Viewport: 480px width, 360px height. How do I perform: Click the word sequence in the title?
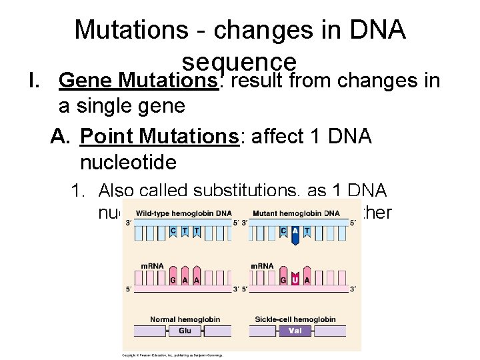(x=239, y=61)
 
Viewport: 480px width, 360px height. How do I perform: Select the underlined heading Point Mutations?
(x=159, y=136)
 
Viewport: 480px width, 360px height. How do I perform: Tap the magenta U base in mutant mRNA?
(x=295, y=279)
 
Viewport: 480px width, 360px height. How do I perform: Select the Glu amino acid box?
(x=185, y=330)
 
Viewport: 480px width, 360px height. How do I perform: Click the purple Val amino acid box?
(x=294, y=330)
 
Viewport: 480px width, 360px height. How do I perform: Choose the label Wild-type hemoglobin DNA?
(x=184, y=213)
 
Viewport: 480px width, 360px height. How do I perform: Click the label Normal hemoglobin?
(x=185, y=319)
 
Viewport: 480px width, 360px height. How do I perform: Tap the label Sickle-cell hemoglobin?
(x=295, y=319)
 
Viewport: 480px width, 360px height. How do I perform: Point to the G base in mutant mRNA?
(x=284, y=280)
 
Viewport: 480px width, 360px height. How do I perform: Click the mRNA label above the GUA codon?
(x=261, y=265)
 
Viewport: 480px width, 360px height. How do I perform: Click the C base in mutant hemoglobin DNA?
(x=284, y=230)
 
